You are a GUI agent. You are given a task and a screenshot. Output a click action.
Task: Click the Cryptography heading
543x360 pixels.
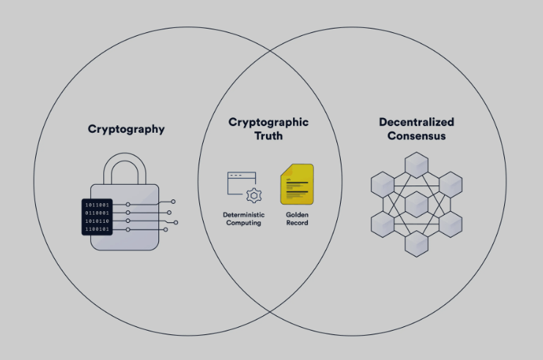(126, 129)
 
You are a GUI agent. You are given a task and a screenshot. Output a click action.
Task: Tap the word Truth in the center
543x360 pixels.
(268, 136)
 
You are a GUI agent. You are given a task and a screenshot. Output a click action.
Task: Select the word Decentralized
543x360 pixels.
(417, 122)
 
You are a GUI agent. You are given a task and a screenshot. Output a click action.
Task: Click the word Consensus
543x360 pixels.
(417, 136)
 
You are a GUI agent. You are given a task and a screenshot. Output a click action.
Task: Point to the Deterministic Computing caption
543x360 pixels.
(244, 218)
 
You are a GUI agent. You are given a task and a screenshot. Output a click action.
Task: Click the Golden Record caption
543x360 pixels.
(297, 218)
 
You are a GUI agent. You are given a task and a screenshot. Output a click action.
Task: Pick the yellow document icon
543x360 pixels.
(297, 184)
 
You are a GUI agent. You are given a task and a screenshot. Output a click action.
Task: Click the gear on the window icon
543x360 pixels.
(254, 196)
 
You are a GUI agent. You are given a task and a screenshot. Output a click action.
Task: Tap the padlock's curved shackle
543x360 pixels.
(125, 169)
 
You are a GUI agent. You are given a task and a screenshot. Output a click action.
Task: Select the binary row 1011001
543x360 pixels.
(97, 205)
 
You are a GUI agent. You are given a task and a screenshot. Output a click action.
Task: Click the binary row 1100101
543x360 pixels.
(97, 229)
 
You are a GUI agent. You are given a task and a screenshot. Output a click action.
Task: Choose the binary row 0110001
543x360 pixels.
(97, 213)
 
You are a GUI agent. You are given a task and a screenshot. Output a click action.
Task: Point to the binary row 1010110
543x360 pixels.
(97, 221)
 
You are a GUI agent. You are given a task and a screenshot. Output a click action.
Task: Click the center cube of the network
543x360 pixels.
(417, 205)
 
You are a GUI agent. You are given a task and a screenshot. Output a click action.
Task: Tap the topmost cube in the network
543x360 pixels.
(417, 165)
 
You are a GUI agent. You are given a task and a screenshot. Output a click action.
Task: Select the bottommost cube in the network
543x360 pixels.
(417, 244)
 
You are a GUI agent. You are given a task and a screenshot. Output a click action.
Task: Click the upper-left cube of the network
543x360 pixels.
(383, 185)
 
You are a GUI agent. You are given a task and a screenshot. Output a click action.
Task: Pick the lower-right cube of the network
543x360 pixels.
(451, 224)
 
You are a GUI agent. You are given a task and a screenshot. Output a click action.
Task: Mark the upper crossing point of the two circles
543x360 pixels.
(270, 51)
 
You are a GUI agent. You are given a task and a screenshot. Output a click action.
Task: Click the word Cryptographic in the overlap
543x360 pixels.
(268, 122)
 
